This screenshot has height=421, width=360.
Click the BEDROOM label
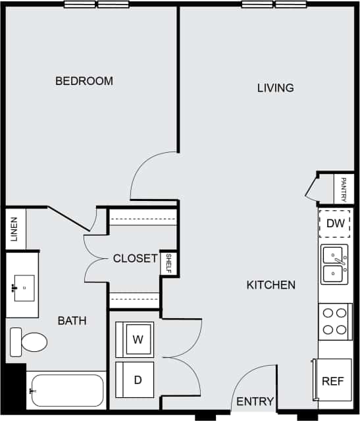[84, 81]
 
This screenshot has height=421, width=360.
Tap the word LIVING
[275, 88]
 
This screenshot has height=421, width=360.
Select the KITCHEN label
[270, 285]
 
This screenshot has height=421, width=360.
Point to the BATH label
[72, 321]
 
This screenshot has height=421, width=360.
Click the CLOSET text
[135, 258]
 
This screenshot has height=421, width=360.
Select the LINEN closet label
[14, 229]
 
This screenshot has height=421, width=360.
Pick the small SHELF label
[169, 264]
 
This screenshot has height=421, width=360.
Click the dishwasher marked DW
[335, 223]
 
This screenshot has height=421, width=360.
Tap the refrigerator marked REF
[332, 381]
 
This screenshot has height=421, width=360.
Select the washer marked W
[137, 340]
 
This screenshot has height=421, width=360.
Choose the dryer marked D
[137, 379]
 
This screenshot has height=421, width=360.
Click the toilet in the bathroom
[29, 341]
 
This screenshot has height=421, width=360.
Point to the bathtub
[66, 391]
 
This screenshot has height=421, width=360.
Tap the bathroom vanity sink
[24, 287]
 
